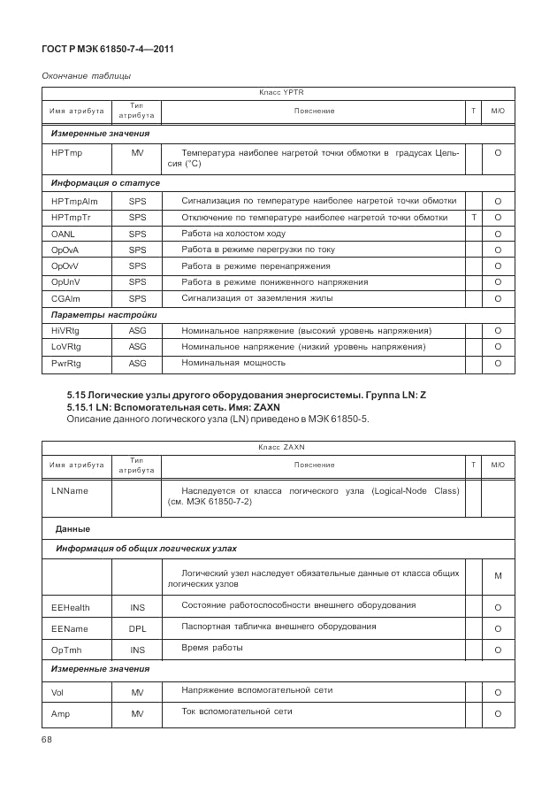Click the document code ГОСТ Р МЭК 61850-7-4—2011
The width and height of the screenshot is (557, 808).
107,50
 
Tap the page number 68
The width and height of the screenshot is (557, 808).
48,738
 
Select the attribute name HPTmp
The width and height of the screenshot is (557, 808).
66,153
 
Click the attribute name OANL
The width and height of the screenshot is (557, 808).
63,234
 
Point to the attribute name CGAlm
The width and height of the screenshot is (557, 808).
66,298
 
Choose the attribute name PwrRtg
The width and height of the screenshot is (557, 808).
66,363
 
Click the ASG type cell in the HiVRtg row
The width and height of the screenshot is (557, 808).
137,330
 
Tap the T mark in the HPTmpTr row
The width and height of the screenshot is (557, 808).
474,218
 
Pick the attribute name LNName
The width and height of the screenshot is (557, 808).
70,490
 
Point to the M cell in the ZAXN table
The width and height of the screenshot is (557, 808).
498,576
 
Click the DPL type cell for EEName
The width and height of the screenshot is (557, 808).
137,627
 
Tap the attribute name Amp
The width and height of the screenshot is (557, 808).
61,712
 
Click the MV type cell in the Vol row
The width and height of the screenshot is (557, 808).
137,691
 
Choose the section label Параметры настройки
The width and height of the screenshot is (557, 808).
103,314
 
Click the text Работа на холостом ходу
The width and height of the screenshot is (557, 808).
233,234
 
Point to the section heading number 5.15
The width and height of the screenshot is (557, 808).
78,393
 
